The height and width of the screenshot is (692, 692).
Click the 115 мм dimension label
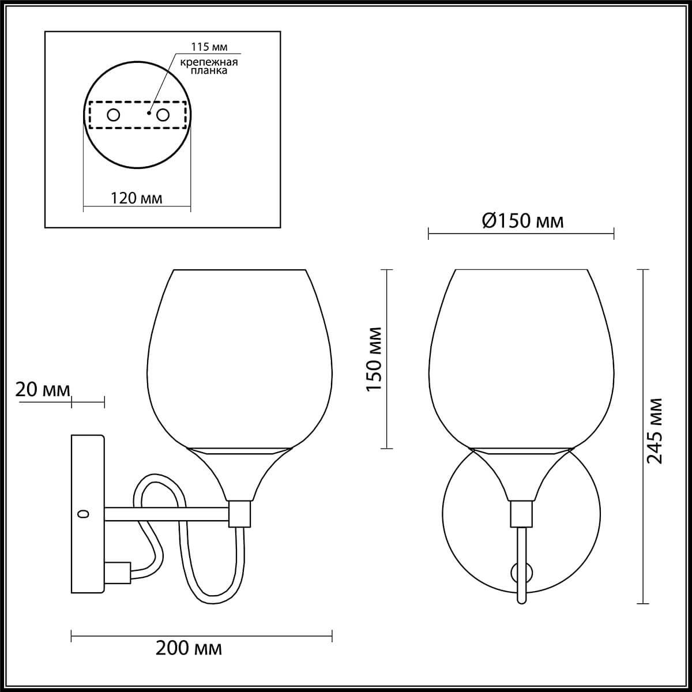(x=205, y=48)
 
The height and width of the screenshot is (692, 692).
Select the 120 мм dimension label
(x=137, y=198)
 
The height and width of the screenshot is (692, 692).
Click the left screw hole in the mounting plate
(x=114, y=115)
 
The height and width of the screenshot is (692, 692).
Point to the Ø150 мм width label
(x=522, y=221)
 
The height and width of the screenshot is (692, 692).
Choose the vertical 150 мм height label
(x=374, y=359)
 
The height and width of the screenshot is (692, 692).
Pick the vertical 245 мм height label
(x=655, y=431)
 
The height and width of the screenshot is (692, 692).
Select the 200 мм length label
(x=189, y=648)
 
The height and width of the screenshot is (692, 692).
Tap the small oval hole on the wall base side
(x=84, y=514)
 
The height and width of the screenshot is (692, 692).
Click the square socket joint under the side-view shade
(x=240, y=513)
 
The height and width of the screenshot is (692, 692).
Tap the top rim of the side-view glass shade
(x=239, y=269)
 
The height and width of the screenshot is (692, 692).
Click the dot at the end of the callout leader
(x=149, y=114)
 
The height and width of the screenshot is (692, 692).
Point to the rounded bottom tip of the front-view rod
(x=522, y=601)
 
